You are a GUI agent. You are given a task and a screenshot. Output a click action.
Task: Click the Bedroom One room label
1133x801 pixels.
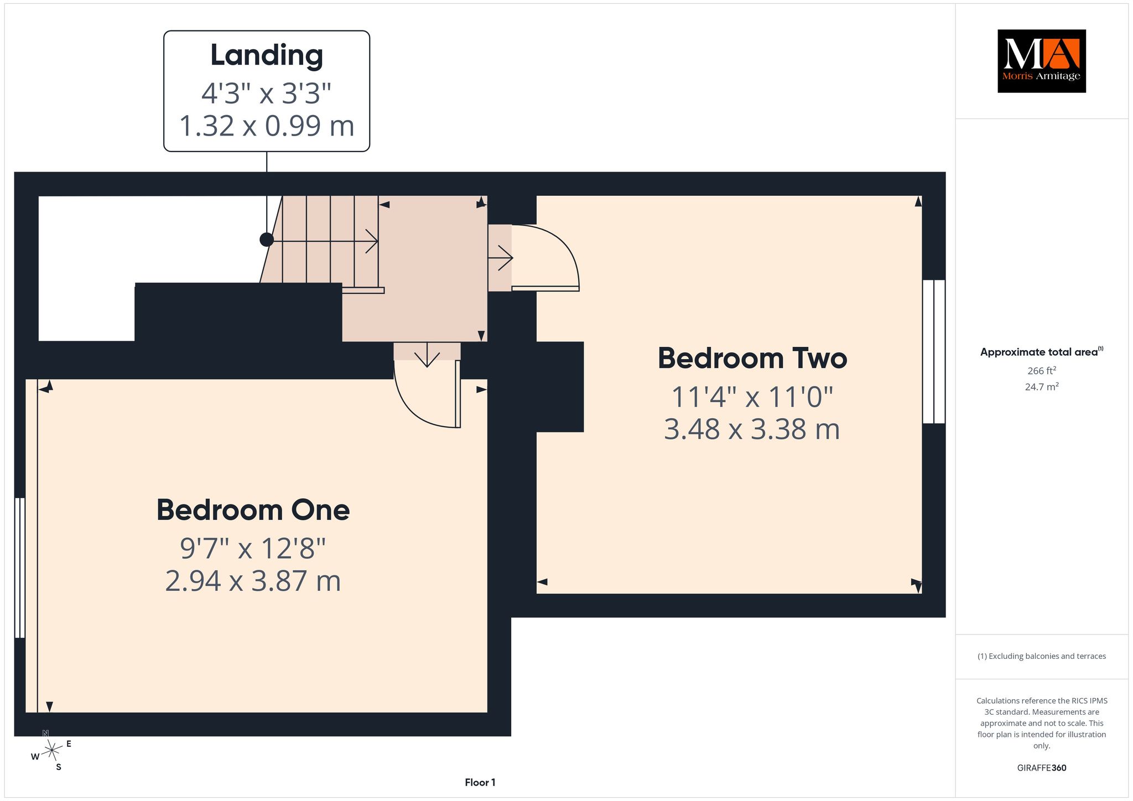253,510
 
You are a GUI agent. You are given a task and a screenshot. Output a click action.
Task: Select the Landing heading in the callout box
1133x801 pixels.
267,56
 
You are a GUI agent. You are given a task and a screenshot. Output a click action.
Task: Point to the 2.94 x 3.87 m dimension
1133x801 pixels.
253,581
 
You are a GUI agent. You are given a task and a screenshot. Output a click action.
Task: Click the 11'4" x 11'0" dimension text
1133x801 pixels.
752,397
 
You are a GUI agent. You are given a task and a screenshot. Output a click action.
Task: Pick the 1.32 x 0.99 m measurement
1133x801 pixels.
267,126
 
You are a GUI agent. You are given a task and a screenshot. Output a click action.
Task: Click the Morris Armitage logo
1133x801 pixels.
1042,61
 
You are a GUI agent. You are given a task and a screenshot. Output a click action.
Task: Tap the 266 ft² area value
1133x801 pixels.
1042,371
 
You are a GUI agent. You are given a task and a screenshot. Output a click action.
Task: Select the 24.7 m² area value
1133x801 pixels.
1042,387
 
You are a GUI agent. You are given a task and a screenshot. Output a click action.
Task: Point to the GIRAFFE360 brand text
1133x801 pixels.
1042,768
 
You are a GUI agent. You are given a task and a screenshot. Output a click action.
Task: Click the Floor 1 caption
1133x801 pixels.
480,782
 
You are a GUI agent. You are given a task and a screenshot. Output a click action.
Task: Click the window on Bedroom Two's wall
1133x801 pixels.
934,351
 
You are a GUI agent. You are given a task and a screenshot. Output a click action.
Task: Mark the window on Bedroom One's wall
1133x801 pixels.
20,568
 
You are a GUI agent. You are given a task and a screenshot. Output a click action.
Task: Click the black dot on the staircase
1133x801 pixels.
267,240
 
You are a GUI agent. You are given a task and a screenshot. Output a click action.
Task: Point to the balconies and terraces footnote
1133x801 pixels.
1042,656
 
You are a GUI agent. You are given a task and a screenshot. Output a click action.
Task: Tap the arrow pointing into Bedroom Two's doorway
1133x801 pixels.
501,258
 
